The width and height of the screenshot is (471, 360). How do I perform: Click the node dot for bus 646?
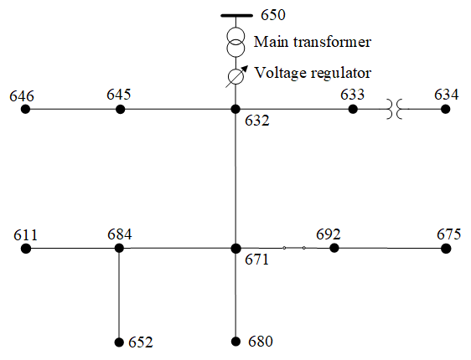coord(25,109)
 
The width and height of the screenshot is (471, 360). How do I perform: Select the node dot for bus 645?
coord(120,109)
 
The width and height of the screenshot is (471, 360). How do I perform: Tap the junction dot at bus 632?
coord(235,109)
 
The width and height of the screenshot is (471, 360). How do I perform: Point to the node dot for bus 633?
coord(353,109)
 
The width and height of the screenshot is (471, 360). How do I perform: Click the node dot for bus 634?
coord(446,109)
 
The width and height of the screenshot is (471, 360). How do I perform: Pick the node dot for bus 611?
coord(26,249)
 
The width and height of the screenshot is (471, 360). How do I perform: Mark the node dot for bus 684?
coord(119,248)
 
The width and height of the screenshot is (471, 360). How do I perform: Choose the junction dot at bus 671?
coord(235,249)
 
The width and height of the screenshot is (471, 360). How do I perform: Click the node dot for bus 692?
coord(334,248)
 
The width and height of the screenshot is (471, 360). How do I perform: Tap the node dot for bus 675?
coord(446,249)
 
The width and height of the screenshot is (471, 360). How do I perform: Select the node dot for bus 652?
coord(119,342)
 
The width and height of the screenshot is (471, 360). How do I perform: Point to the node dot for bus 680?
coord(235,342)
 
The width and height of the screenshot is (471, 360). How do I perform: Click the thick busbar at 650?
coord(236,16)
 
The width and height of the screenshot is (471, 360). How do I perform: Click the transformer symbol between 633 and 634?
coord(394,109)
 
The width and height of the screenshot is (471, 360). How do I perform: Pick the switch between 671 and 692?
coord(294,248)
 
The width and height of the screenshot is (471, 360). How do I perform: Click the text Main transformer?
coord(313,42)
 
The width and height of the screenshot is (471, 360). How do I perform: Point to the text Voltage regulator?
coord(313,73)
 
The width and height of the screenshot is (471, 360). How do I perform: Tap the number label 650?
coord(272,15)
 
